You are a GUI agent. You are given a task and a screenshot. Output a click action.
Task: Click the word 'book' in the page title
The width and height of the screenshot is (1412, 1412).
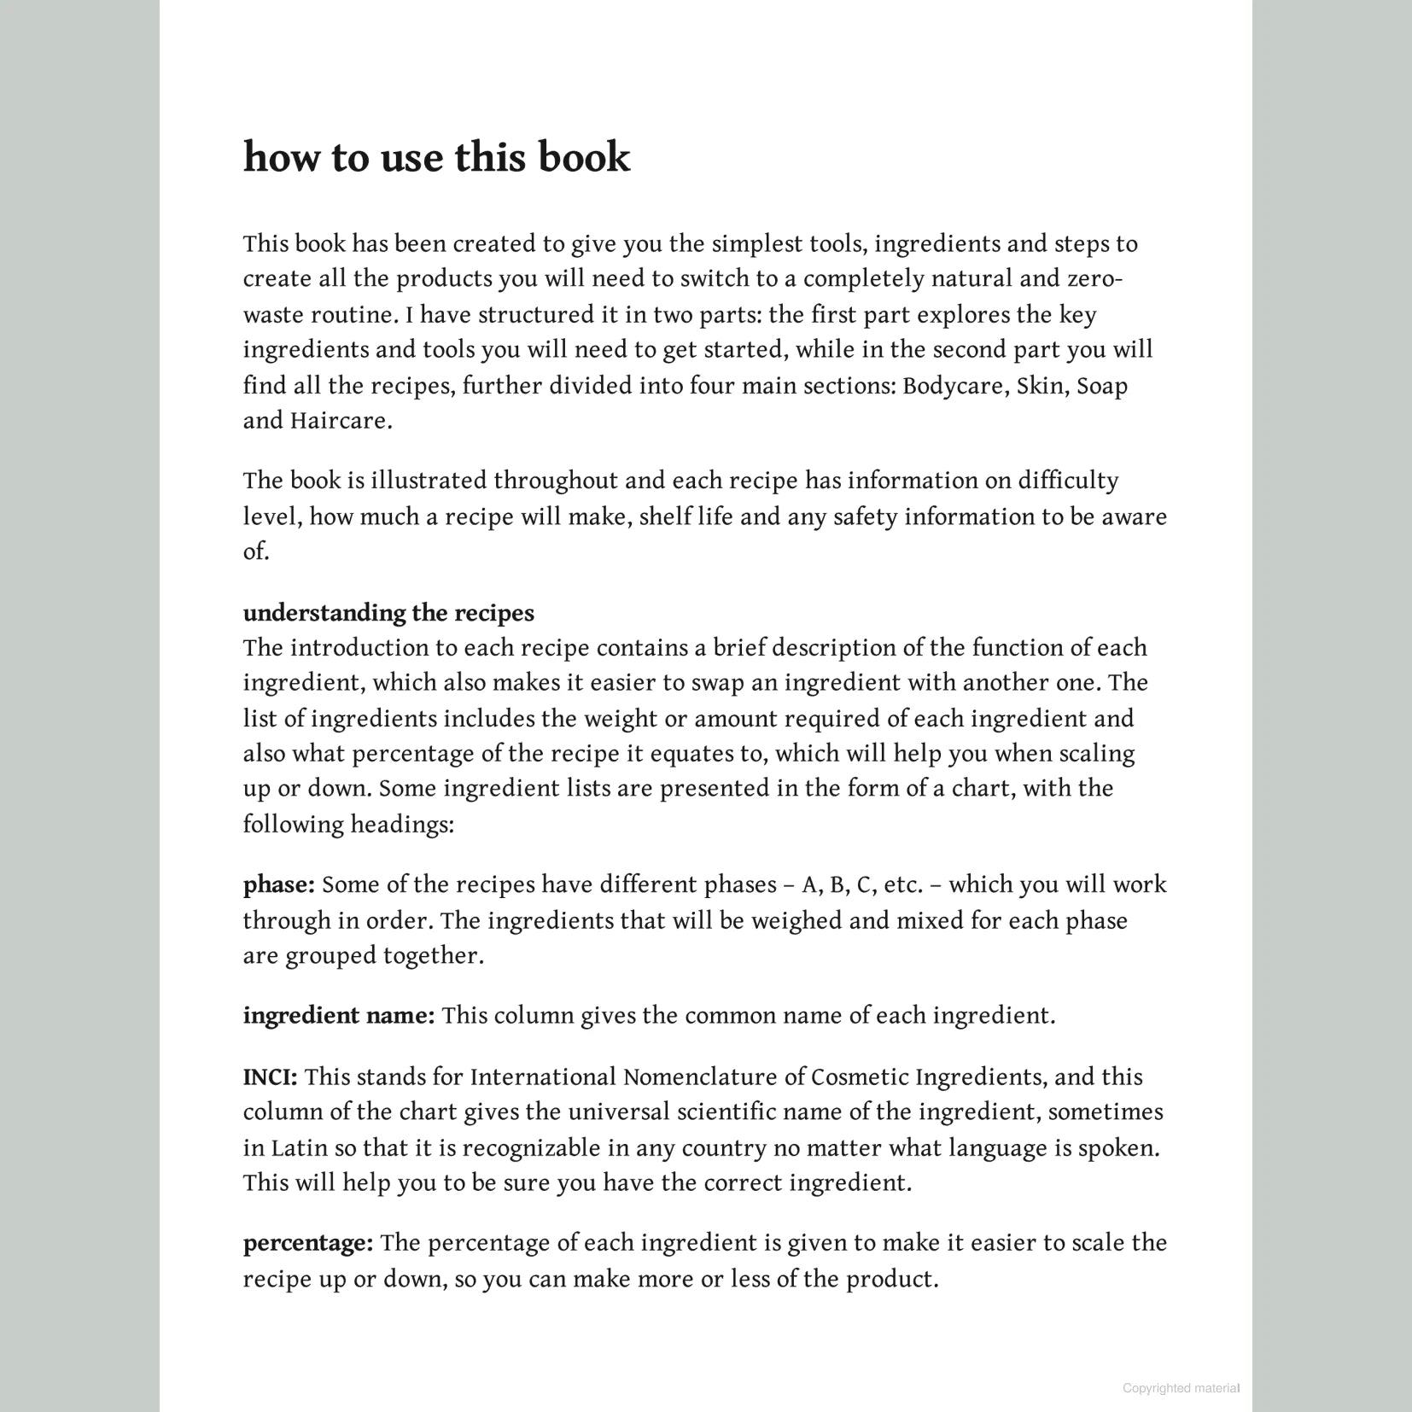(x=583, y=157)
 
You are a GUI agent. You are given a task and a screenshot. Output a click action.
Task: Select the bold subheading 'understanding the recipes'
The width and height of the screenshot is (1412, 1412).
(x=388, y=613)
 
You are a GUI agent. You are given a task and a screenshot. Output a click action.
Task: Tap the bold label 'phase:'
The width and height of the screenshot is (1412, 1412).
(x=279, y=884)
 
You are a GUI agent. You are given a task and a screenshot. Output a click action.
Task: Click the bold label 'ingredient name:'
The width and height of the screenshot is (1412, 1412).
(x=339, y=1015)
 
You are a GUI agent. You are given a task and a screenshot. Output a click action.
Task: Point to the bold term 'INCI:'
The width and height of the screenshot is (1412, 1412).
(x=270, y=1077)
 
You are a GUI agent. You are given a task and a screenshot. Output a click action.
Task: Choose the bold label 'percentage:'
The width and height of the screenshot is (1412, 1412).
(x=308, y=1242)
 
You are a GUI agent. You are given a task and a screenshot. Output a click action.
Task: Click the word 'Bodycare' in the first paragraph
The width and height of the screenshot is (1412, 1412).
(x=955, y=386)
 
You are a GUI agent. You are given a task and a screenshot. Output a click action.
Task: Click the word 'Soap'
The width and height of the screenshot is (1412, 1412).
(x=1102, y=386)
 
